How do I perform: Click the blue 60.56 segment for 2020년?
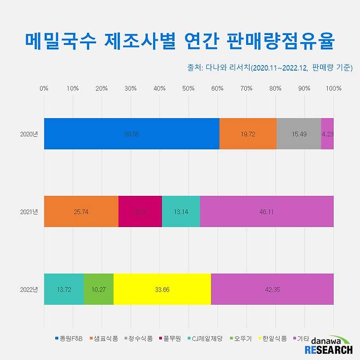pos(131,134)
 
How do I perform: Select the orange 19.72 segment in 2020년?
pos(248,134)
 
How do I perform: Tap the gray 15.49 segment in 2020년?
pos(299,134)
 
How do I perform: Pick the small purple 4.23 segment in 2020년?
pos(327,134)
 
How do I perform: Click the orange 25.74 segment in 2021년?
pos(81,212)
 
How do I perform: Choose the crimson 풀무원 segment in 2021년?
pos(140,212)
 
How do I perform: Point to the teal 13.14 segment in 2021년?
pos(181,212)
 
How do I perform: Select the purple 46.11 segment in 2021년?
pos(267,212)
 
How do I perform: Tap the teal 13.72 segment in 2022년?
pos(64,289)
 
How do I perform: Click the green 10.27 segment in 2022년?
pos(99,289)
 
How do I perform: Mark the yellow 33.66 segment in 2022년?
pos(162,289)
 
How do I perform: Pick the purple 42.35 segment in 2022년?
pos(272,289)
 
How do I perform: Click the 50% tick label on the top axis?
pos(189,88)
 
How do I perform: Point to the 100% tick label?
pos(333,88)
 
